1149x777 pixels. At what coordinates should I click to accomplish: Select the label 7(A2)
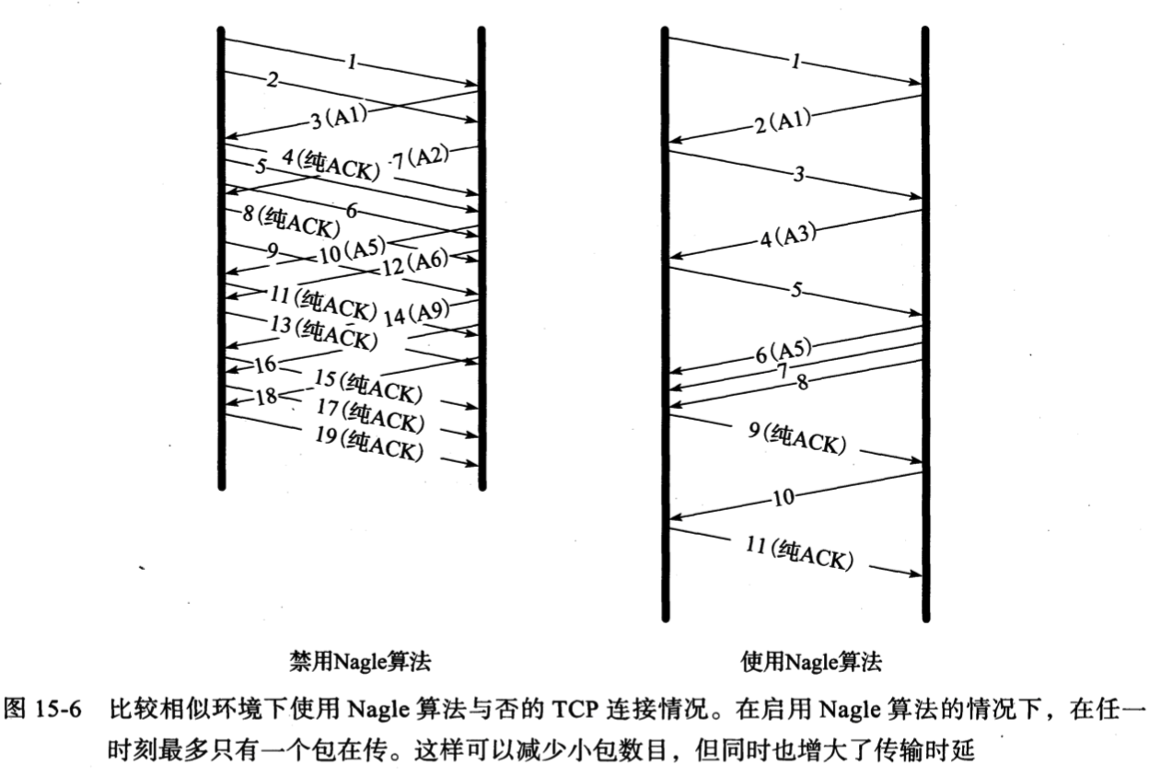tap(418, 157)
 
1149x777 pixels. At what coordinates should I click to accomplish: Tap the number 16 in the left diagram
tap(265, 365)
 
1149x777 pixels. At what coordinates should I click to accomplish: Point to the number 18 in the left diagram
tap(265, 396)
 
